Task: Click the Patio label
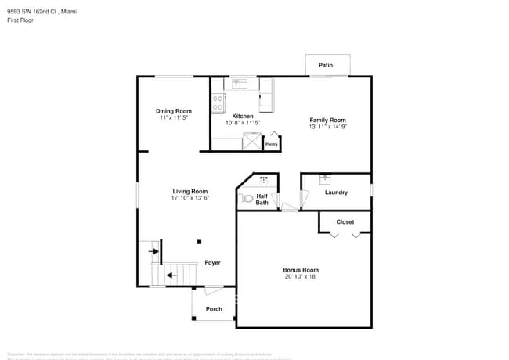pyautogui.click(x=325, y=65)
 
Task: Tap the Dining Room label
pyautogui.click(x=173, y=111)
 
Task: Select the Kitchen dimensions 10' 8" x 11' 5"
pyautogui.click(x=243, y=123)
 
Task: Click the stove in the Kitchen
pyautogui.click(x=218, y=103)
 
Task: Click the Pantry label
pyautogui.click(x=271, y=144)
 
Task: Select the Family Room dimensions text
pyautogui.click(x=327, y=127)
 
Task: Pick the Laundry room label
pyautogui.click(x=336, y=193)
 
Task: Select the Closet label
pyautogui.click(x=345, y=221)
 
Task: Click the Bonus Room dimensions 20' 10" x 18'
pyautogui.click(x=301, y=277)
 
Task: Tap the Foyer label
pyautogui.click(x=212, y=263)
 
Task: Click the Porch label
pyautogui.click(x=214, y=308)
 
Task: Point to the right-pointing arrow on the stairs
pyautogui.click(x=154, y=251)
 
